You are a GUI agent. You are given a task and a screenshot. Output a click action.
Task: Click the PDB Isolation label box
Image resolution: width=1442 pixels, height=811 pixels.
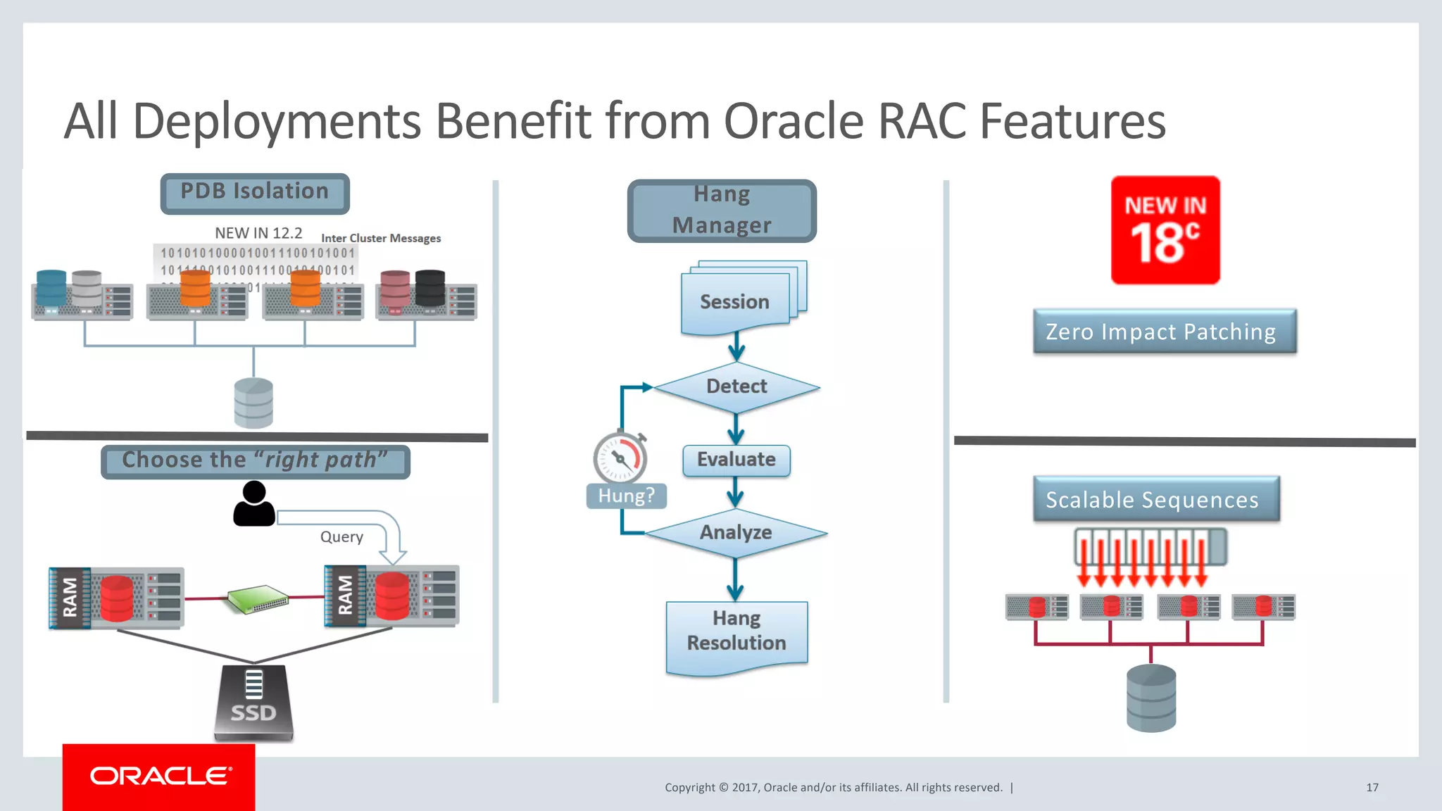[x=255, y=193]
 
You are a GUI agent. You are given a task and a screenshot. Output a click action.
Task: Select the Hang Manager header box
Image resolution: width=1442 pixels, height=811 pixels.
[x=722, y=210]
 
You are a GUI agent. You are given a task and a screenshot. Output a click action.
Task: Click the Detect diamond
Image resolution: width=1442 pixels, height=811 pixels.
[x=736, y=387]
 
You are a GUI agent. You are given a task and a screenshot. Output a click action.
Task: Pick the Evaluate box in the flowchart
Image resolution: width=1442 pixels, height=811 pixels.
[x=736, y=460]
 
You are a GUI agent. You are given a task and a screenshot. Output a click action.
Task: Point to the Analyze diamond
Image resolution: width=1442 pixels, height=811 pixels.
[x=736, y=533]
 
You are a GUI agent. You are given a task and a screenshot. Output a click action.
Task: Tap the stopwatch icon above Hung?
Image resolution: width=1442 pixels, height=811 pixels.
[x=620, y=458]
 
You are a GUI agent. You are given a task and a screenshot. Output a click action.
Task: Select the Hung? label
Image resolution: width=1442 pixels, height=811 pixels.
[x=626, y=496]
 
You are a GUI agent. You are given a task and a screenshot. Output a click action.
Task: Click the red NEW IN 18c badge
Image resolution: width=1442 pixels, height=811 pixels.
[x=1165, y=230]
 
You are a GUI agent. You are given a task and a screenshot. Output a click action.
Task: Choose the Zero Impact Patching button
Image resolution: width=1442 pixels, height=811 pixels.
[x=1164, y=332]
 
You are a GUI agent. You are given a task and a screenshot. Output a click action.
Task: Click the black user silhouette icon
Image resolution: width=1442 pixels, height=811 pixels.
[x=254, y=504]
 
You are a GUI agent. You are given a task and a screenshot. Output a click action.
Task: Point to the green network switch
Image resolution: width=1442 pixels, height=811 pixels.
[x=258, y=599]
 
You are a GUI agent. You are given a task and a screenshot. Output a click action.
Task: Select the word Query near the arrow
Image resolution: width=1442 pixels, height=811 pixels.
[x=341, y=537]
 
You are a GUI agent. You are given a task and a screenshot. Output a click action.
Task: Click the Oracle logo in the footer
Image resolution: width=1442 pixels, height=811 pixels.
[x=159, y=776]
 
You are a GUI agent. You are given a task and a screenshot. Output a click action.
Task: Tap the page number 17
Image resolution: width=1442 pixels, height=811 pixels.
[x=1372, y=788]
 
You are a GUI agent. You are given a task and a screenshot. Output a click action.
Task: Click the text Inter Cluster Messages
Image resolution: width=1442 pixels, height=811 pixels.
[x=381, y=239]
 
